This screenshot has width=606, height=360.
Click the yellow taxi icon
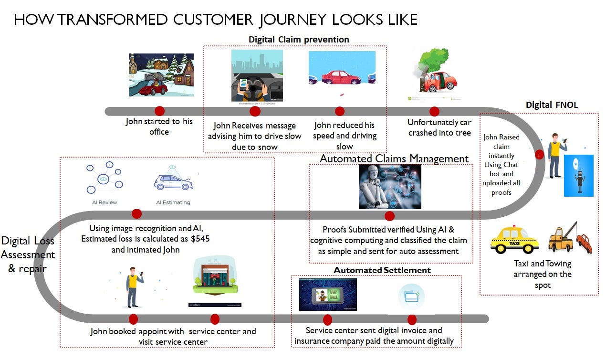click(514, 240)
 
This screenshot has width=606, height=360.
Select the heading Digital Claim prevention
click(299, 39)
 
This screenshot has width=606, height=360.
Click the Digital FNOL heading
click(552, 105)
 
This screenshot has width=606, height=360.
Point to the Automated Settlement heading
click(382, 270)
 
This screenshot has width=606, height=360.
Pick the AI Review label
click(104, 202)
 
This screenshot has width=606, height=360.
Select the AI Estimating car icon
click(173, 181)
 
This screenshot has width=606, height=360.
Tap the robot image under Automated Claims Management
click(389, 187)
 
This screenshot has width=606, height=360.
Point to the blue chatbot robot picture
click(578, 176)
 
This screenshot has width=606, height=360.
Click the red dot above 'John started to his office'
click(159, 111)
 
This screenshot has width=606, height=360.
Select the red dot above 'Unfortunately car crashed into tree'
click(434, 111)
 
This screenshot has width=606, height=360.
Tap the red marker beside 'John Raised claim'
click(539, 155)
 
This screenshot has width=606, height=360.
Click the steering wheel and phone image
click(257, 76)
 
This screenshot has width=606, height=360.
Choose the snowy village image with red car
click(161, 75)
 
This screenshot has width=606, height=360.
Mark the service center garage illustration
click(215, 282)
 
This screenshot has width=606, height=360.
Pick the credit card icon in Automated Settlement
click(411, 296)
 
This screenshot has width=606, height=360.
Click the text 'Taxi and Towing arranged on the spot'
click(543, 274)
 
